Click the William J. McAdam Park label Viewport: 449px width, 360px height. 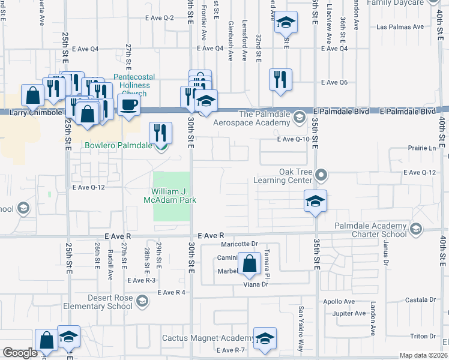pos(170,196)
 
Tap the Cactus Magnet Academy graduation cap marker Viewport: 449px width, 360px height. pos(264,338)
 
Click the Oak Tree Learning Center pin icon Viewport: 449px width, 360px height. pos(321,175)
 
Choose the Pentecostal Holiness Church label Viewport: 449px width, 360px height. pos(134,85)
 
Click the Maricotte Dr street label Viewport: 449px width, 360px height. pos(238,244)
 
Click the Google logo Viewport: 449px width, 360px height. pos(20,353)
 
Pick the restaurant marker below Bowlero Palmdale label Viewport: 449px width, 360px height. pos(160,133)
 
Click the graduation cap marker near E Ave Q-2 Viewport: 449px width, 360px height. pos(286,23)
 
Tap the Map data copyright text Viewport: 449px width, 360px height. pos(423,355)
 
